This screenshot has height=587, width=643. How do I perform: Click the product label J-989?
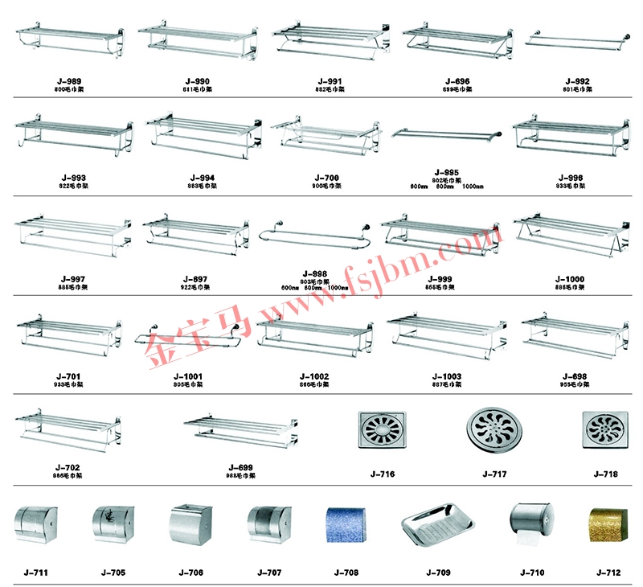coord(68,81)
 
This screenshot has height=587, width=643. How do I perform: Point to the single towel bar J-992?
coord(576,39)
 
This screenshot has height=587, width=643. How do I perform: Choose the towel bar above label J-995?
coord(447,133)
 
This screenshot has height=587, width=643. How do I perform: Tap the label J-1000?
coord(570,279)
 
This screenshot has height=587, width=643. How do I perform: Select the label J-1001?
coord(188,376)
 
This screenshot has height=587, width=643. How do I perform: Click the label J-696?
coord(457,81)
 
